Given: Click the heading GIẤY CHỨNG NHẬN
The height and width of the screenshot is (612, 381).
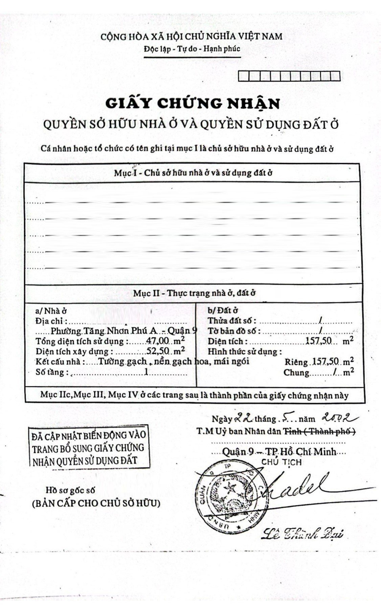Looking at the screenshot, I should coord(193,103).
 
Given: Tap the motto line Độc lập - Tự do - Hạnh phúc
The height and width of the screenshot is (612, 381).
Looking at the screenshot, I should coord(192,49).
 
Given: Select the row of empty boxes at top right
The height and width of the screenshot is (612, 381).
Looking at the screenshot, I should coord(289,76).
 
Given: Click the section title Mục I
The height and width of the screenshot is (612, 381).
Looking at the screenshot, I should coord(193,173).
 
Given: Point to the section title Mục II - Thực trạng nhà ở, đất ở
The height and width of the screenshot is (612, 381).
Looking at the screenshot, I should coord(194,293).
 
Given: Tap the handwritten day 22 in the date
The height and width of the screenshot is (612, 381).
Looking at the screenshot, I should coord(244,418).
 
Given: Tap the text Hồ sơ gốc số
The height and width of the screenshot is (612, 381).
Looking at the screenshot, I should coord(71,490).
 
